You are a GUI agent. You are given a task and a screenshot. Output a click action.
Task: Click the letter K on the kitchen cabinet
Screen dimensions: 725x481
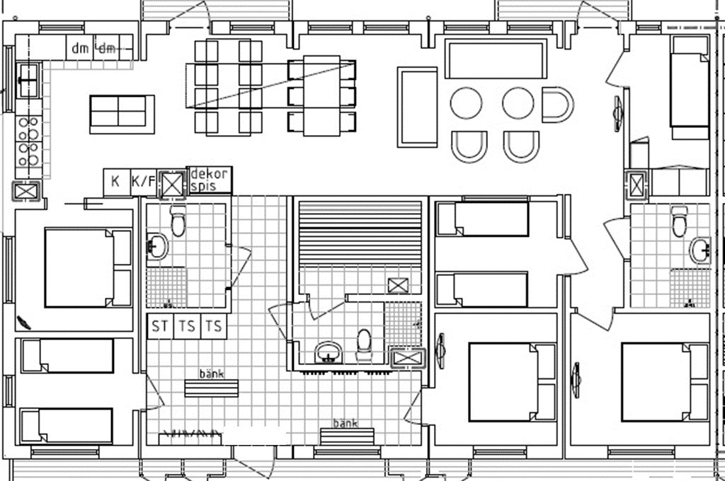click(115, 180)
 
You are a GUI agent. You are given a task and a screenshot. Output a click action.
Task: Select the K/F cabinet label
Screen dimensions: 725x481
click(143, 180)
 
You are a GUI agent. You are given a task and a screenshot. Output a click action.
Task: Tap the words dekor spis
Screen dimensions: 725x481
click(209, 180)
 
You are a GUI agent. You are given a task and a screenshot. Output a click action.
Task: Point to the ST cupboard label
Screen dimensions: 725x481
click(160, 326)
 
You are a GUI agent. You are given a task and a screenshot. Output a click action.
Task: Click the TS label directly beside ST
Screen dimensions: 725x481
click(187, 326)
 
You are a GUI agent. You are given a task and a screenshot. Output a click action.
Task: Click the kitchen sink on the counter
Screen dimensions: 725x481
click(28, 81)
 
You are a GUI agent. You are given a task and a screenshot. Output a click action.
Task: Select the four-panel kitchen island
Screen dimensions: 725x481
click(121, 114)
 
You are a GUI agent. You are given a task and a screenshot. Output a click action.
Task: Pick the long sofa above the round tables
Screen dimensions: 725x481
click(496, 59)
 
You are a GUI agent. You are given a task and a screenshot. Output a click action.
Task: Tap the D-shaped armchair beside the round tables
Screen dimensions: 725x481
click(558, 105)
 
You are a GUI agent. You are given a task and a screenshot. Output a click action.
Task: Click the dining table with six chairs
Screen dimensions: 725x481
click(322, 95)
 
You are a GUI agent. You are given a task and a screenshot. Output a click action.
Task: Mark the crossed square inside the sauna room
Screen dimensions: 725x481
click(398, 286)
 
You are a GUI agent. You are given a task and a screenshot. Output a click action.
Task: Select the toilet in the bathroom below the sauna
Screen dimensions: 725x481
click(364, 344)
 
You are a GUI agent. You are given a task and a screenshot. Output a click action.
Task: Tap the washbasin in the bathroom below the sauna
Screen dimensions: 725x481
click(329, 352)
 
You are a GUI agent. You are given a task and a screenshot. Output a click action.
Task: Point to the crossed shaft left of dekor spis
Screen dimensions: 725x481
click(172, 185)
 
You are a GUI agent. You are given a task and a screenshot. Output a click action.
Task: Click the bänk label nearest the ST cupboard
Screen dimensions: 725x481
click(212, 373)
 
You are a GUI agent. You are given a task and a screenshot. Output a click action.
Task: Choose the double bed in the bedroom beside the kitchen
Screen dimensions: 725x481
click(89, 267)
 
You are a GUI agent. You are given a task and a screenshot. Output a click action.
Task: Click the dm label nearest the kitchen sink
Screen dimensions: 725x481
click(80, 48)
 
